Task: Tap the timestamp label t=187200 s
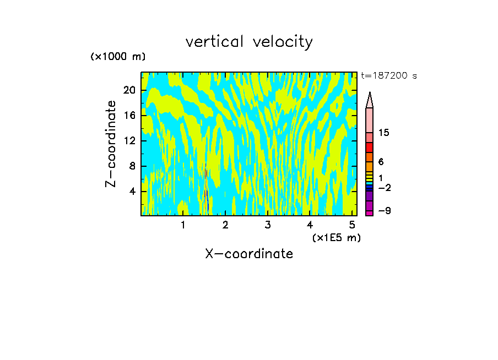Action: tap(388, 76)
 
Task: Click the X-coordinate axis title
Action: tap(249, 254)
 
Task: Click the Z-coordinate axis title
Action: tap(111, 143)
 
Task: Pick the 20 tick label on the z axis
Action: tap(129, 90)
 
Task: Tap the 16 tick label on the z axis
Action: tap(129, 116)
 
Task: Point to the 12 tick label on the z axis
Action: tap(129, 141)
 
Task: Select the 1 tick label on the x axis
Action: tap(183, 225)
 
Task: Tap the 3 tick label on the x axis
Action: tap(267, 225)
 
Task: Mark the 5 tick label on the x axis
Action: tap(352, 225)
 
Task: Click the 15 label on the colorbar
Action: tap(384, 133)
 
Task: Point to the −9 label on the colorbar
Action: tap(384, 211)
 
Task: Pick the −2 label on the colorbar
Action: tap(384, 188)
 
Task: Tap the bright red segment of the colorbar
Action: tap(370, 147)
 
